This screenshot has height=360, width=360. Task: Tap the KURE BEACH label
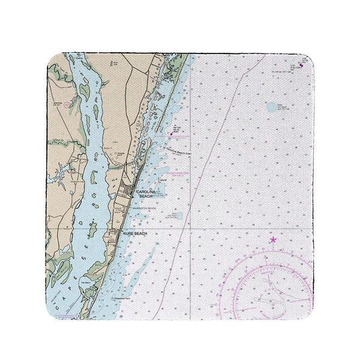[x=134, y=233]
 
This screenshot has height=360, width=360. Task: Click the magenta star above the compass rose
[x=273, y=240]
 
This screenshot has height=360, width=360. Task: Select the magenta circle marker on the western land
[x=67, y=104]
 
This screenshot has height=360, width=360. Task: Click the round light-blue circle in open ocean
[x=271, y=107]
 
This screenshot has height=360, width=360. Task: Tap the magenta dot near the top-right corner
[x=301, y=65]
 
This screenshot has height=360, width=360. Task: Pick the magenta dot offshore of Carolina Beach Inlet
[x=170, y=134]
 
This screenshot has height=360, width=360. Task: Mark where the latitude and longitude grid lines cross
[x=190, y=227]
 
